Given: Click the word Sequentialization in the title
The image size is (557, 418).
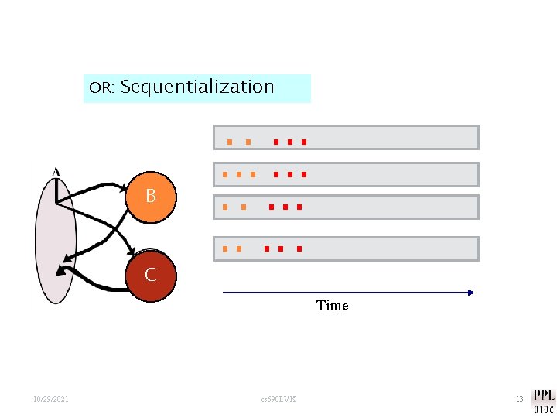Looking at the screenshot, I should (197, 87).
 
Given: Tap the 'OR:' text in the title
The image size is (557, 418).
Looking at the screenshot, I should (101, 87).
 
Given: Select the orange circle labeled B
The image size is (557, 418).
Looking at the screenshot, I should (150, 197).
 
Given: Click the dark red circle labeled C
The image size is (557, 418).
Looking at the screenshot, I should (150, 275).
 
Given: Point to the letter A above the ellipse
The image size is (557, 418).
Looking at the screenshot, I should (55, 171).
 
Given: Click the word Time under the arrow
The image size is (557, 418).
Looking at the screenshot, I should (332, 306).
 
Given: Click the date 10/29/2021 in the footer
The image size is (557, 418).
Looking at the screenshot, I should (51, 399).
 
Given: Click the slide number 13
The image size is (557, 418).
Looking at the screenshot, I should (519, 399).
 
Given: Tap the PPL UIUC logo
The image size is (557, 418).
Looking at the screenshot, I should (543, 400).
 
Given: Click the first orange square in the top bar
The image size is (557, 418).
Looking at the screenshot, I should (229, 142).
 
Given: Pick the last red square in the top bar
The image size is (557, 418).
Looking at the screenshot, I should (304, 142).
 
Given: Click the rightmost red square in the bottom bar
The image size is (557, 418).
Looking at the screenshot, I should (299, 249).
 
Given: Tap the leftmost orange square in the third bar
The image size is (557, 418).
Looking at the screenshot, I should (224, 207).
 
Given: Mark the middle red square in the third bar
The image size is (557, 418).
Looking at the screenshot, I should (285, 207).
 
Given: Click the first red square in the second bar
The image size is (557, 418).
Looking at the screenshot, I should (275, 175).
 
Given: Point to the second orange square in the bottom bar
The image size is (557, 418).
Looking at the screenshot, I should (239, 249).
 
